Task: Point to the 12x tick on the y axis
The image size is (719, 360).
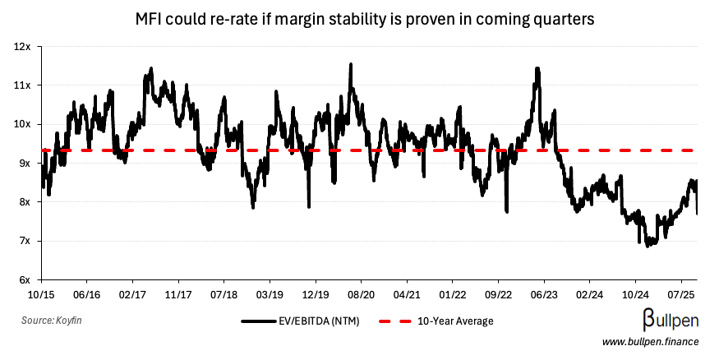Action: [22, 47]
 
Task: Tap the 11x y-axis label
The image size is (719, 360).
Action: [22, 85]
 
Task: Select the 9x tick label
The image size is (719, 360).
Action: [23, 164]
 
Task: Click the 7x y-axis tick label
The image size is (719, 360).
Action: [23, 241]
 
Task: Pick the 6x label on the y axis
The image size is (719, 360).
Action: [23, 280]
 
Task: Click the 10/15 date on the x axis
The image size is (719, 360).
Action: [40, 293]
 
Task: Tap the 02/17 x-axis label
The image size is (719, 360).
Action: [132, 293]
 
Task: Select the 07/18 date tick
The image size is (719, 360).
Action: [224, 293]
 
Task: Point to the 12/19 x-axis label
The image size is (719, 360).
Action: [316, 293]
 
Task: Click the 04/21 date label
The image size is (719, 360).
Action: [408, 293]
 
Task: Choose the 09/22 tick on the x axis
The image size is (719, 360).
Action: [500, 293]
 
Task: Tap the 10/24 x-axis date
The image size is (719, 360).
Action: [636, 293]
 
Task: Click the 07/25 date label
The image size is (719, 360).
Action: [682, 293]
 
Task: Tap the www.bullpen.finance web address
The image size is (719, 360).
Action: [650, 342]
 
